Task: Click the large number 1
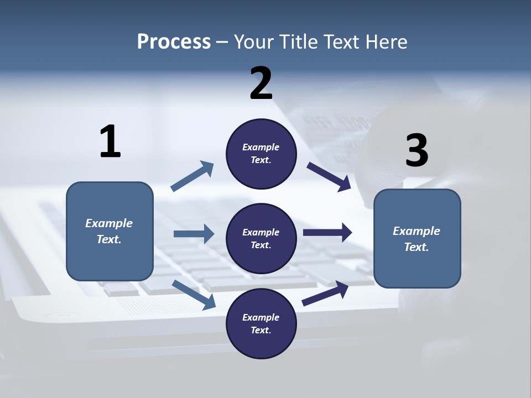pyautogui.click(x=110, y=142)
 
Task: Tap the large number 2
pyautogui.click(x=261, y=83)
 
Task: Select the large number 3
pyautogui.click(x=417, y=151)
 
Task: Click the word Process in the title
pyautogui.click(x=174, y=41)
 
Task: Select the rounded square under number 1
pyautogui.click(x=110, y=231)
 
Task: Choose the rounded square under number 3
pyautogui.click(x=417, y=238)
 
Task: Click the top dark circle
pyautogui.click(x=261, y=154)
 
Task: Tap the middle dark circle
pyautogui.click(x=261, y=238)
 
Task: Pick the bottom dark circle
pyautogui.click(x=261, y=323)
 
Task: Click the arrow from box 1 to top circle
pyautogui.click(x=192, y=176)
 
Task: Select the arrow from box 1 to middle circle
pyautogui.click(x=194, y=234)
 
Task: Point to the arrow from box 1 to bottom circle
pyautogui.click(x=194, y=295)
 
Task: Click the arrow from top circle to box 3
pyautogui.click(x=329, y=177)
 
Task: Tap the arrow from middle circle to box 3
pyautogui.click(x=327, y=233)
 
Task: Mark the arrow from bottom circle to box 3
pyautogui.click(x=325, y=294)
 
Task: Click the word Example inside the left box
pyautogui.click(x=109, y=223)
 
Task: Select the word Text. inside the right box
pyautogui.click(x=417, y=247)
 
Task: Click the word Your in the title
pyautogui.click(x=251, y=41)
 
